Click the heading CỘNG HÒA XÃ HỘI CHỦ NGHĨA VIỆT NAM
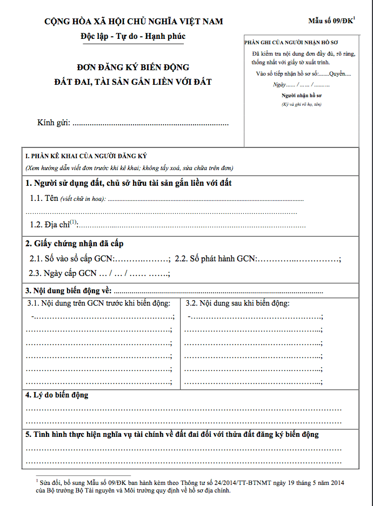[134, 22]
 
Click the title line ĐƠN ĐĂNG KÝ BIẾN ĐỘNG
[132, 68]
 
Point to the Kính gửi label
[54, 123]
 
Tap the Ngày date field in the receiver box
[301, 85]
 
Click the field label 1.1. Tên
[44, 198]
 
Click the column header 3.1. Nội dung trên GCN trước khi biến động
[99, 303]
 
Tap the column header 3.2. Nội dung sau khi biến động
[237, 303]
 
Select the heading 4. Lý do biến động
[57, 395]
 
